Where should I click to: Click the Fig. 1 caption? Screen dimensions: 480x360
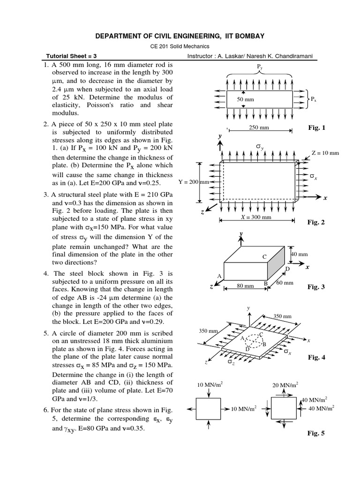(316, 127)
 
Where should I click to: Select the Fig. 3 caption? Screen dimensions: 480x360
(316, 286)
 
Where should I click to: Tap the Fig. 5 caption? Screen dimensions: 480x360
(316, 433)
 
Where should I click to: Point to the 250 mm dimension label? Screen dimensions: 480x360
(260, 127)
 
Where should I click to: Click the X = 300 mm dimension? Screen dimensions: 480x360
(256, 217)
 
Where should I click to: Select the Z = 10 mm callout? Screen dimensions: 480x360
(324, 153)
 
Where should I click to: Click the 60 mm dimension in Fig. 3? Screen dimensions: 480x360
(285, 283)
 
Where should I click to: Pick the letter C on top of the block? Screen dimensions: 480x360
(264, 257)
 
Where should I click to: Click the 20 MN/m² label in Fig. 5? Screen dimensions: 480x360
(285, 385)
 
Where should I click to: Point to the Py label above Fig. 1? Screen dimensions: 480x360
(260, 67)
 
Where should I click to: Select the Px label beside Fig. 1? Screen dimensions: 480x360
(314, 99)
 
